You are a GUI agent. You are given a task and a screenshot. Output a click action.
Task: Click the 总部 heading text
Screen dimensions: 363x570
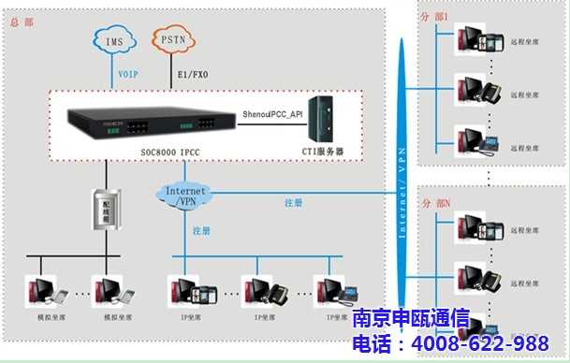(x=20, y=22)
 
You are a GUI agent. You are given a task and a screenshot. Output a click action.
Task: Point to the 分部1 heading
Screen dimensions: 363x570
(x=435, y=18)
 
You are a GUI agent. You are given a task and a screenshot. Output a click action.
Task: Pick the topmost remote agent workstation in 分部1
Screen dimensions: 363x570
(x=479, y=42)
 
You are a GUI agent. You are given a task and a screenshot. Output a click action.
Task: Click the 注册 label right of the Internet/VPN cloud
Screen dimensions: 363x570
(x=292, y=202)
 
